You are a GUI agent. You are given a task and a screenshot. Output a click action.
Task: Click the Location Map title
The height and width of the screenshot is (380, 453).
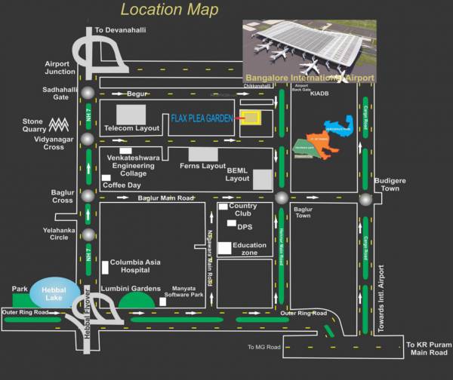tap(169, 10)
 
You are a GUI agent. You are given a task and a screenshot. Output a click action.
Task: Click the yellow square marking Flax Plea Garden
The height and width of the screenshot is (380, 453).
tap(250, 118)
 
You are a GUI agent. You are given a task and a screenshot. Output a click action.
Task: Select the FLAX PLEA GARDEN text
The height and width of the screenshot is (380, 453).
tap(201, 118)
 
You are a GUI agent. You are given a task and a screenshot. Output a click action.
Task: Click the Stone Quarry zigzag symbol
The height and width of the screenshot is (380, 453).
tap(59, 124)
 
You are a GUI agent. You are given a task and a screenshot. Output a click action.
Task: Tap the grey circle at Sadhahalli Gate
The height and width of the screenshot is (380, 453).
tap(88, 93)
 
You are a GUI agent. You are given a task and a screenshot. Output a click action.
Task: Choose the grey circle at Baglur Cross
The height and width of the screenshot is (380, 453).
tap(88, 196)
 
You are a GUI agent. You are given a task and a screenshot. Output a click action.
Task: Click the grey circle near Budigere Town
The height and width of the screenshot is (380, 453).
tap(365, 199)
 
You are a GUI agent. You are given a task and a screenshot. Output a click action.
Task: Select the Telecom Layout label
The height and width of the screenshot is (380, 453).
tap(131, 128)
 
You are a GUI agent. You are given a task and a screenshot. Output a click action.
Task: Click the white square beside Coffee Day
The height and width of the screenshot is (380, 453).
tap(106, 178)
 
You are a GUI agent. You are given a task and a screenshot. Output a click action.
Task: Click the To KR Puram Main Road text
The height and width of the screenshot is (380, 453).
tap(427, 348)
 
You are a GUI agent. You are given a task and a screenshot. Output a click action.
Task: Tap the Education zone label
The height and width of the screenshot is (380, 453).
tap(249, 249)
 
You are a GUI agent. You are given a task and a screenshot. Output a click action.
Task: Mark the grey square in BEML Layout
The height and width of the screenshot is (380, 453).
tap(262, 179)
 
